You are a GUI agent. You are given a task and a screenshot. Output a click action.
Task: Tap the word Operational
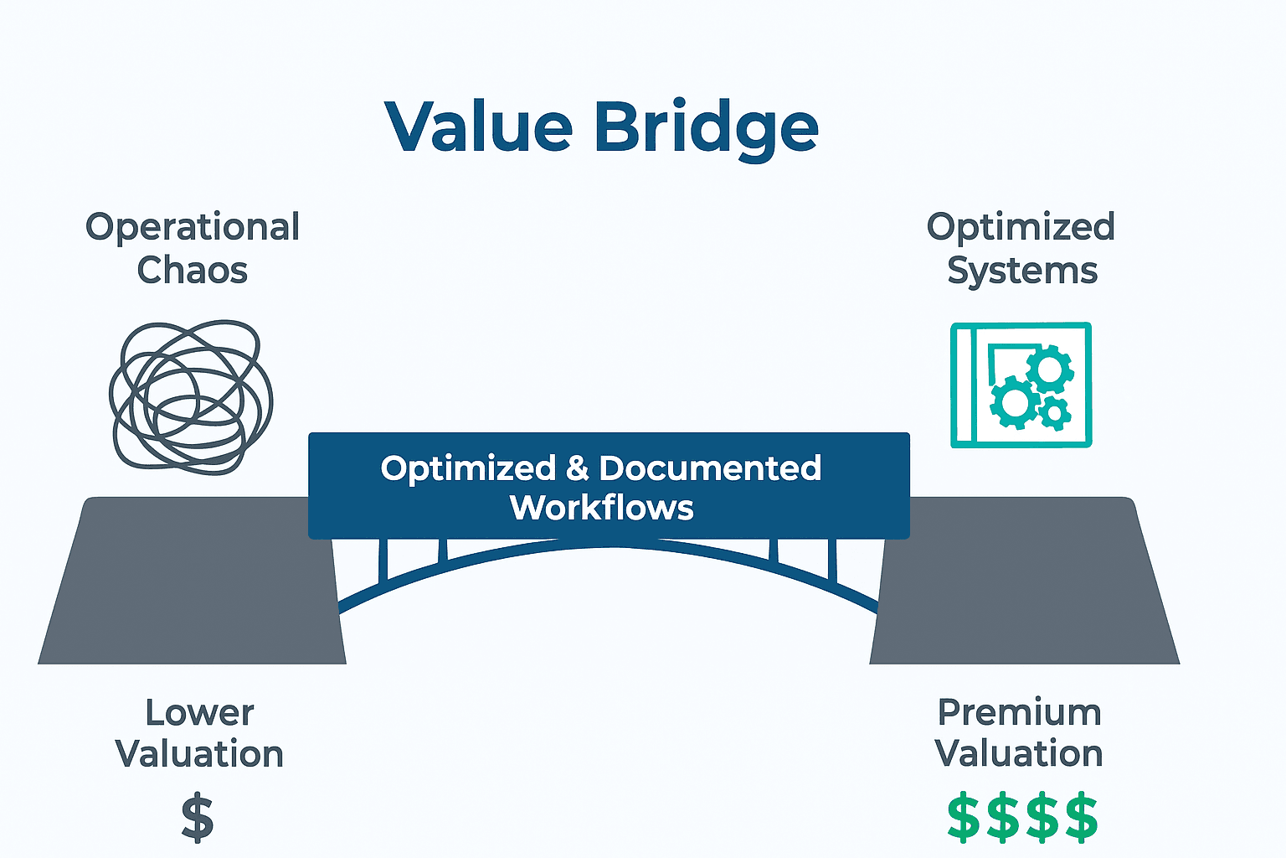coord(193,227)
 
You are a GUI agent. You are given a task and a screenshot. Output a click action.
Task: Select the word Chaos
coord(193,271)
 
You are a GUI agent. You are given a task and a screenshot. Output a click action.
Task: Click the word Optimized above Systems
coord(1021,227)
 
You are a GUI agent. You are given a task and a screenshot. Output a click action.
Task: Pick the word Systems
coord(1021,271)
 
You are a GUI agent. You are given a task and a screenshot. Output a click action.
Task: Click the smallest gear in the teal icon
coord(1055,412)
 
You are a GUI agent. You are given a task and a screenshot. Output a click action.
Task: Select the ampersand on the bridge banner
coord(578,468)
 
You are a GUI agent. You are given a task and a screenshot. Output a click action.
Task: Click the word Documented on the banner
coord(710,468)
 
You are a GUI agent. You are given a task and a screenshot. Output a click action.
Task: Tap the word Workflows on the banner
coord(602,508)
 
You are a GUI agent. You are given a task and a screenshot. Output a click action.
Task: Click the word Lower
coord(199,713)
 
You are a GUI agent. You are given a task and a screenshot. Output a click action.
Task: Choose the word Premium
coord(1019,713)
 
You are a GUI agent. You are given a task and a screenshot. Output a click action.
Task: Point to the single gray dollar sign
coord(198,819)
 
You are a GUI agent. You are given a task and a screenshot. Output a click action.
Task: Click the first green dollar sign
coord(963,818)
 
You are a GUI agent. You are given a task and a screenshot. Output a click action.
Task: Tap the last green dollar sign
coord(1082,818)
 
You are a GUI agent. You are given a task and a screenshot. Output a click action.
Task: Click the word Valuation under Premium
coord(1019,754)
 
